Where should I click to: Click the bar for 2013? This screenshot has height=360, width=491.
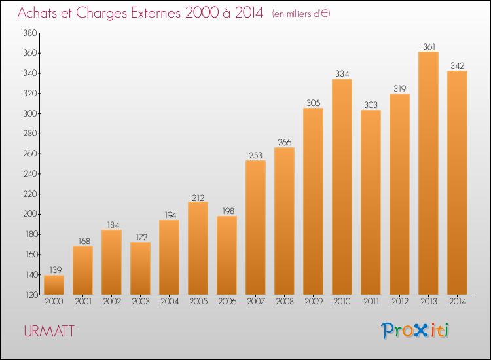click(x=428, y=173)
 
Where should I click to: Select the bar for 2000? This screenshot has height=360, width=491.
click(x=54, y=285)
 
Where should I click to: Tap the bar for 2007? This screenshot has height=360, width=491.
click(x=255, y=228)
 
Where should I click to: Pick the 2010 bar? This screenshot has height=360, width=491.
click(x=342, y=187)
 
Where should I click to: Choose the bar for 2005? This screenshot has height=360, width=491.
click(x=198, y=248)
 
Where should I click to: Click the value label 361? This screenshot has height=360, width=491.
click(x=429, y=46)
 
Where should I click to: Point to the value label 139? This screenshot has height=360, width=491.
click(x=56, y=270)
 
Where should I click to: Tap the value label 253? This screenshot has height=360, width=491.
click(x=255, y=155)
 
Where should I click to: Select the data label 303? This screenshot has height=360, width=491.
click(x=371, y=105)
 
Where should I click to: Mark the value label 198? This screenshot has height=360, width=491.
click(x=228, y=211)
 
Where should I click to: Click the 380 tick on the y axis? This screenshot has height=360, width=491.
click(x=30, y=33)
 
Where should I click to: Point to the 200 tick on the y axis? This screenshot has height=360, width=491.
click(x=30, y=214)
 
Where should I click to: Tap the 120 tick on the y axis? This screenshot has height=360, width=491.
click(x=31, y=295)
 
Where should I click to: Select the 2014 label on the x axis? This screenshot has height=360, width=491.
click(x=458, y=302)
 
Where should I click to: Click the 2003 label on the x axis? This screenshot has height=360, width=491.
click(x=141, y=302)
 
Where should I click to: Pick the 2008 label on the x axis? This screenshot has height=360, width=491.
click(x=285, y=302)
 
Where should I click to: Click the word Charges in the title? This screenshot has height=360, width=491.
click(x=101, y=13)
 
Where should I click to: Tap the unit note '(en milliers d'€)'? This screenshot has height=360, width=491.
click(x=301, y=14)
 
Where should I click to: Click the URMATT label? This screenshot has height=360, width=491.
click(x=49, y=331)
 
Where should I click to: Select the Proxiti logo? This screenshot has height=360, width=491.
click(x=415, y=331)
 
